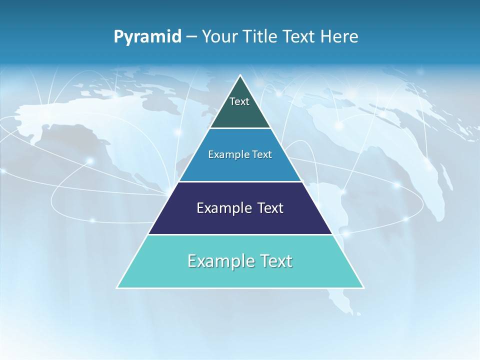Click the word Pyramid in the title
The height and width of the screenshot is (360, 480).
pyautogui.click(x=147, y=37)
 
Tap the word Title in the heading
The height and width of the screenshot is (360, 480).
pyautogui.click(x=263, y=36)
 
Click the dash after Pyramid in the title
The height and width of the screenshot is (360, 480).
pyautogui.click(x=191, y=37)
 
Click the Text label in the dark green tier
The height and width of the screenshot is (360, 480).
pyautogui.click(x=239, y=101)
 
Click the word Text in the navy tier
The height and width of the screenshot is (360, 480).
pyautogui.click(x=270, y=208)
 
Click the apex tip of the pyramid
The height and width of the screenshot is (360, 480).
pyautogui.click(x=240, y=76)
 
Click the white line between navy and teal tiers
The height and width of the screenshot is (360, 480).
pyautogui.click(x=240, y=234)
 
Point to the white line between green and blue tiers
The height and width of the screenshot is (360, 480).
pyautogui.click(x=240, y=128)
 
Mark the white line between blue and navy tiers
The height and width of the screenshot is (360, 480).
pyautogui.click(x=240, y=181)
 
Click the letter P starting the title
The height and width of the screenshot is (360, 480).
pyautogui.click(x=118, y=37)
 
